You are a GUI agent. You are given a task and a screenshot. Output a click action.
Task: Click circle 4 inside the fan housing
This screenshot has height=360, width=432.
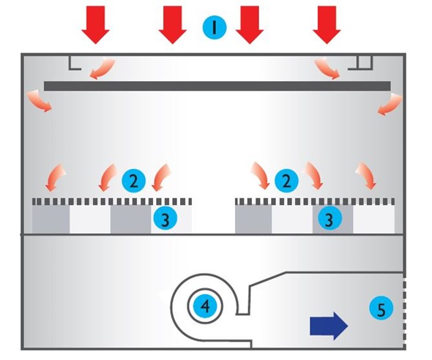pyautogui.click(x=205, y=307)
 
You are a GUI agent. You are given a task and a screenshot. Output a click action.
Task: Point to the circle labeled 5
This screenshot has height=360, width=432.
pyautogui.click(x=378, y=309)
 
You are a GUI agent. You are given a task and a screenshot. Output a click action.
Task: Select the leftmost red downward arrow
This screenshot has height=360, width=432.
pyautogui.click(x=95, y=25)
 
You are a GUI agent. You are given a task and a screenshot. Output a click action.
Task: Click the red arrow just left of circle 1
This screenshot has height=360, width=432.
pyautogui.click(x=173, y=25)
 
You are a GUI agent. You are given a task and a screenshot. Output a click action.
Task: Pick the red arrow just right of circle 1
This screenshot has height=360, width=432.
pyautogui.click(x=250, y=25)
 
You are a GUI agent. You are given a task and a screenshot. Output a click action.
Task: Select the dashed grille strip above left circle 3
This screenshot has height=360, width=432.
pyautogui.click(x=112, y=200)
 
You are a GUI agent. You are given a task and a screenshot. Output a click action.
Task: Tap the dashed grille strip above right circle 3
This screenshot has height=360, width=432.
pyautogui.click(x=314, y=200)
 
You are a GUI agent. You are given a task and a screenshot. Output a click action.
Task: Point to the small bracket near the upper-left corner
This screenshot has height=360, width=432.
pyautogui.click(x=75, y=62)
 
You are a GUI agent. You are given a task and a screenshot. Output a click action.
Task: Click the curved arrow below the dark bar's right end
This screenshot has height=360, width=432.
pyautogui.click(x=384, y=105)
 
